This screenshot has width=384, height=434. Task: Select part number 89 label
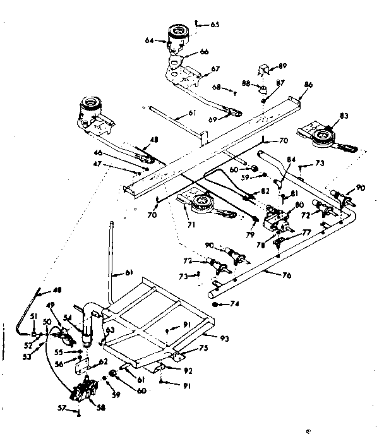coord(282,66)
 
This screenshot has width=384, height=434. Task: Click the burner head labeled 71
coord(203,203)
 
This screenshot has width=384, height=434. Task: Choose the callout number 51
coord(33,317)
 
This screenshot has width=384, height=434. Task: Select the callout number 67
coord(215,69)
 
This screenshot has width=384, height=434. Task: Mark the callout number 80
coord(299,204)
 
